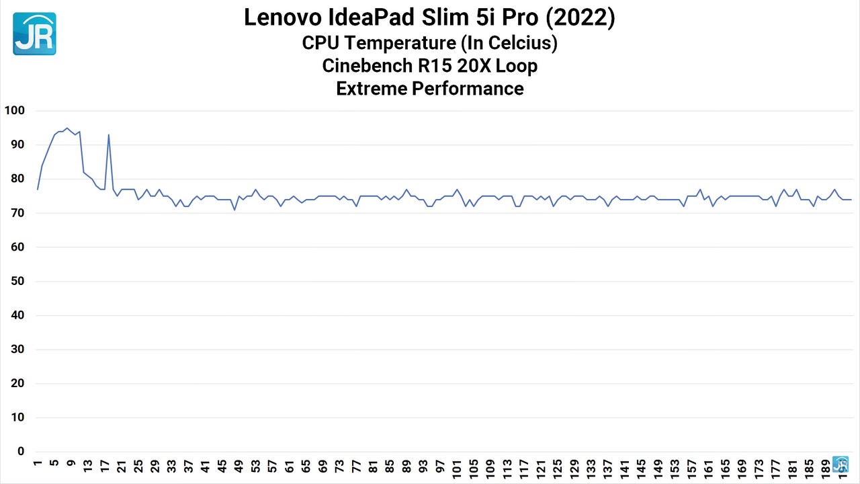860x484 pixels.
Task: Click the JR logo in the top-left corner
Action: click(x=34, y=34)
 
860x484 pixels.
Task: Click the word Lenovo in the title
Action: click(x=283, y=17)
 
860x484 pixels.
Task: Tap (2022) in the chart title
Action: click(x=580, y=17)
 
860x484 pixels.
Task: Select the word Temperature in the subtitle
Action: click(x=400, y=43)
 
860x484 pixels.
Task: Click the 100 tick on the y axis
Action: click(x=14, y=111)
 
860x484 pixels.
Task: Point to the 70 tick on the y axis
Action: click(x=17, y=213)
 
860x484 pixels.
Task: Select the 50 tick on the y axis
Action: click(x=17, y=281)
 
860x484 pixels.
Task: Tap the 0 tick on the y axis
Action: click(x=21, y=451)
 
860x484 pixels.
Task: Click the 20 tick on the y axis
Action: click(x=17, y=383)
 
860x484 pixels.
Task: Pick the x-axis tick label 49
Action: click(x=239, y=467)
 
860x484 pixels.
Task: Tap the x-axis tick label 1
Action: click(x=37, y=464)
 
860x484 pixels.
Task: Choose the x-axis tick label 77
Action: click(x=356, y=467)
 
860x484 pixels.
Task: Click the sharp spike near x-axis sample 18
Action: click(x=109, y=134)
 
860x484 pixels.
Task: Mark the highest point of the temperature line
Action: click(x=67, y=128)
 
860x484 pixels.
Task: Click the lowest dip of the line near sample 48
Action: click(x=234, y=210)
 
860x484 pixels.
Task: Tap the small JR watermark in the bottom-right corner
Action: click(x=840, y=465)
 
